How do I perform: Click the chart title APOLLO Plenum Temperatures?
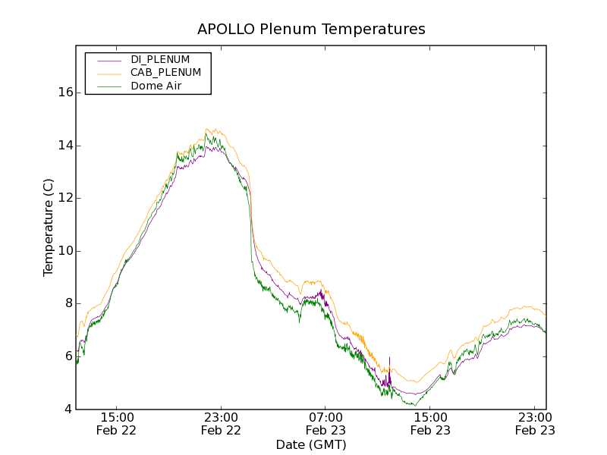click(x=311, y=30)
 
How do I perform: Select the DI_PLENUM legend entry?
click(x=160, y=59)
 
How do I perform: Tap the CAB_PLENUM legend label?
click(x=165, y=73)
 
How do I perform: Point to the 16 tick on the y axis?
click(x=65, y=93)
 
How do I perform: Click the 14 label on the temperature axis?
click(x=65, y=146)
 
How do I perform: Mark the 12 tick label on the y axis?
click(x=65, y=198)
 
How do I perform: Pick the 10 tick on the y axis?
click(x=65, y=251)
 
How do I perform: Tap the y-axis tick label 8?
click(x=68, y=303)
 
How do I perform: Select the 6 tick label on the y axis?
click(x=68, y=356)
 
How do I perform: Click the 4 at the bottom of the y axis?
click(x=68, y=409)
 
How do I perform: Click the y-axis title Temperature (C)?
click(x=48, y=227)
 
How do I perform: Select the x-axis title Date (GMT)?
click(x=311, y=444)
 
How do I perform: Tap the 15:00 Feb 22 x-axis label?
click(x=116, y=423)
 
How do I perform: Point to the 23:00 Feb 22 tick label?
click(x=221, y=423)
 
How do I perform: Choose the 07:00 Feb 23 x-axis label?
click(x=326, y=423)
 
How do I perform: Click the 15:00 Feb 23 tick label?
click(x=430, y=423)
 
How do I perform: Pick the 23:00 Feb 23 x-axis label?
click(x=535, y=423)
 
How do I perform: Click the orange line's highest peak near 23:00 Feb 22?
click(x=208, y=128)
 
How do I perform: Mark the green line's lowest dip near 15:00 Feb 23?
click(x=415, y=406)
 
